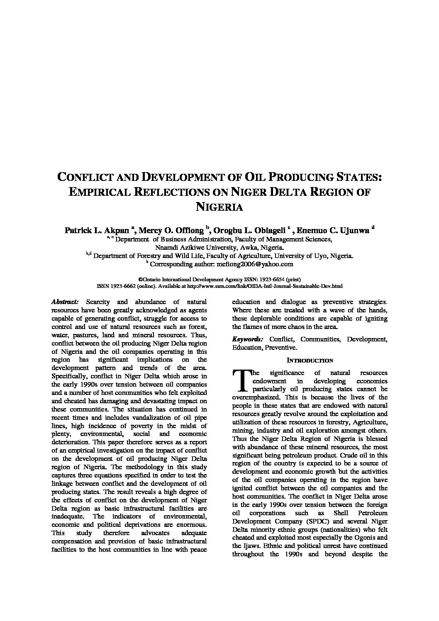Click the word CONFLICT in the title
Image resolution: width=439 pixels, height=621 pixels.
coord(85,177)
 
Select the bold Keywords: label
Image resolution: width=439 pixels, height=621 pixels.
coord(247,339)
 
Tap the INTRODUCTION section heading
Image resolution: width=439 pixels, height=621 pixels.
coord(310,360)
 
